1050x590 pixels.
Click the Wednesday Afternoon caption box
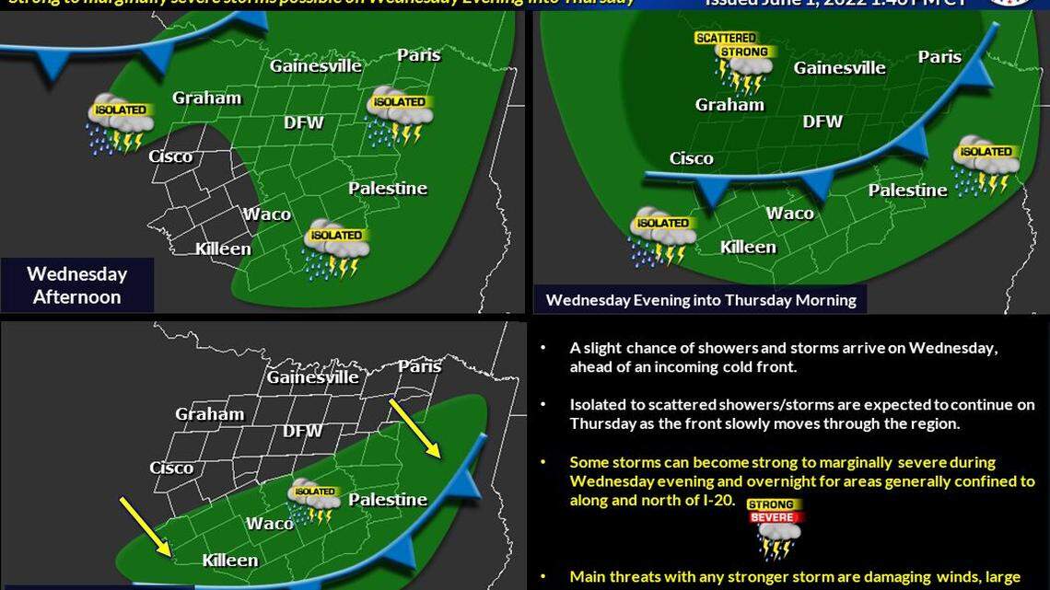(76, 284)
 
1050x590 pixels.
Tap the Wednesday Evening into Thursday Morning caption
(700, 299)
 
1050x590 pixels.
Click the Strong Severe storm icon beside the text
(772, 528)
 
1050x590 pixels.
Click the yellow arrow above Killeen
(144, 526)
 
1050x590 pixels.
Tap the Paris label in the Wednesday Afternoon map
(418, 55)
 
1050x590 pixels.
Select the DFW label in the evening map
(822, 121)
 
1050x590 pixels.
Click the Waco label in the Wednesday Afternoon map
(267, 214)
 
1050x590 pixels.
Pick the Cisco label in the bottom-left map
(171, 468)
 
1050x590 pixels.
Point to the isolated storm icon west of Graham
(118, 122)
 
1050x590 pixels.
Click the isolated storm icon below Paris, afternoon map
(399, 115)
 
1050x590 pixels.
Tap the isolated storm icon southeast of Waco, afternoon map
(335, 249)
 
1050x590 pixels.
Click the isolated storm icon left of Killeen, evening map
(661, 236)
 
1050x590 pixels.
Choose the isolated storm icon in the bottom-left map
(314, 500)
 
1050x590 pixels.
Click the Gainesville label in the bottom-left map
(312, 376)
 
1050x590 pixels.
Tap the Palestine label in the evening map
(907, 191)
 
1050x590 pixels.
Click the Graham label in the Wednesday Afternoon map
(206, 98)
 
